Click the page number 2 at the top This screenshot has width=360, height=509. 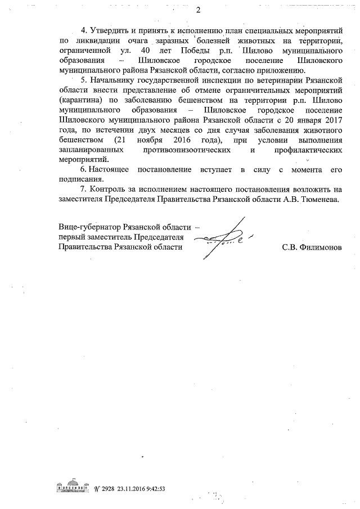(199, 10)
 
